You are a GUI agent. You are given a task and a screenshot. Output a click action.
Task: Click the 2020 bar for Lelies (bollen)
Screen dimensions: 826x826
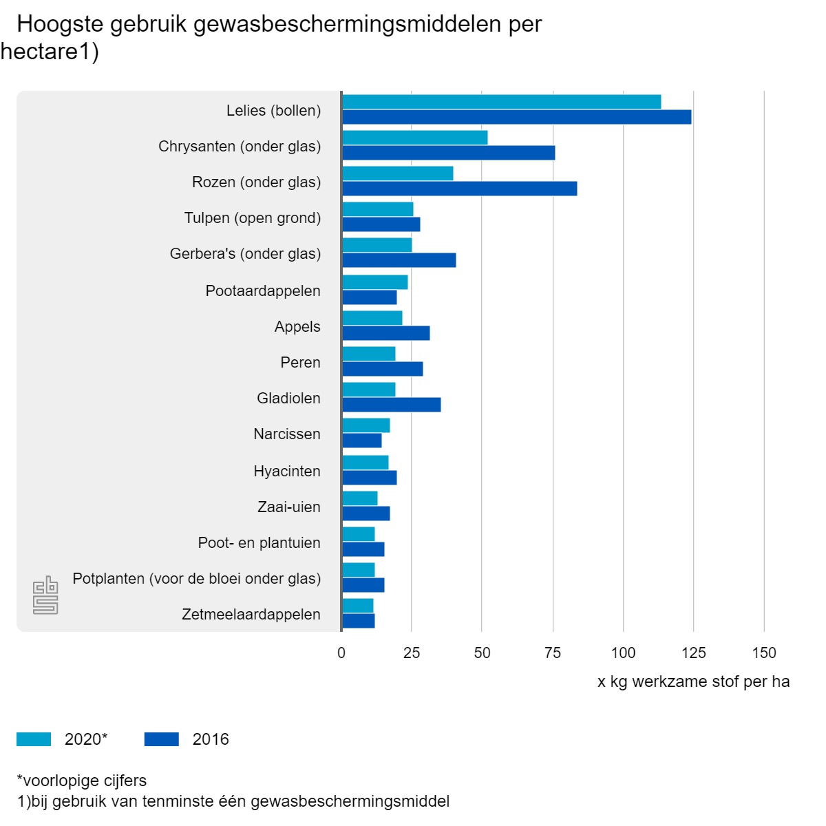click(x=501, y=102)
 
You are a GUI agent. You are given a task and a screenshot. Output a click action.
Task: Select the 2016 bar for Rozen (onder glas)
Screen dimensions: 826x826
click(x=459, y=189)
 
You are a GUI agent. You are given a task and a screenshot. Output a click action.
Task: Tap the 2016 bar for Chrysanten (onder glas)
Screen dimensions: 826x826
click(x=448, y=153)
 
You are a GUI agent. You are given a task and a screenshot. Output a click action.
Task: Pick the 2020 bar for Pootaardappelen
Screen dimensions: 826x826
click(x=375, y=282)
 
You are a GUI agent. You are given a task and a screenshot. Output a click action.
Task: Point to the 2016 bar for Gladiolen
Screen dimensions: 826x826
click(x=391, y=405)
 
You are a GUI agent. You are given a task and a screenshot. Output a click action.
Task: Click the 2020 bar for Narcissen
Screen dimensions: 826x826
click(x=366, y=425)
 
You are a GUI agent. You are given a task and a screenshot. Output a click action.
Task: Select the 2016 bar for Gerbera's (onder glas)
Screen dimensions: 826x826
click(x=399, y=260)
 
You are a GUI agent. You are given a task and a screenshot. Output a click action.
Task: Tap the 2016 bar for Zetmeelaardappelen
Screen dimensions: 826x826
click(x=359, y=621)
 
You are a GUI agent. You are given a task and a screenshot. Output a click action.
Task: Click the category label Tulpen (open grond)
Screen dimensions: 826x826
click(x=253, y=218)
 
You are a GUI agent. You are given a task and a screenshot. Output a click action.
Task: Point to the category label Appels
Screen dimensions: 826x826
click(x=297, y=327)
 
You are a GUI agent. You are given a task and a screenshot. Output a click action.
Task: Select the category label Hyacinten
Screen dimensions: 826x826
click(x=287, y=472)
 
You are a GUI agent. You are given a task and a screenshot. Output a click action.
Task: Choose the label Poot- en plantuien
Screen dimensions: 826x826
click(x=259, y=543)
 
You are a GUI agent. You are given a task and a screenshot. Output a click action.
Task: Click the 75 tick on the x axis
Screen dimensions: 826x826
click(x=553, y=653)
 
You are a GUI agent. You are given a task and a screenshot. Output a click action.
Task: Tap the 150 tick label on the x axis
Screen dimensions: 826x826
click(x=764, y=653)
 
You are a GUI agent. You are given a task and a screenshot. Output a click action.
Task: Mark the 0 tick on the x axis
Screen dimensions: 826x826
click(x=341, y=653)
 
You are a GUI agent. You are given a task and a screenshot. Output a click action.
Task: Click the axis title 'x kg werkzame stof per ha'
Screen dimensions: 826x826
click(x=693, y=682)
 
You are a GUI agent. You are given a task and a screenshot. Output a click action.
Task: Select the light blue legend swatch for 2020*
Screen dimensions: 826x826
click(x=34, y=739)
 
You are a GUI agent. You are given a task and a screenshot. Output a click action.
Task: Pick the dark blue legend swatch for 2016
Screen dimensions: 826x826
click(x=162, y=739)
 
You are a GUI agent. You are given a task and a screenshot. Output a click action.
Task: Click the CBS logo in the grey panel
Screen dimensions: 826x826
click(x=45, y=595)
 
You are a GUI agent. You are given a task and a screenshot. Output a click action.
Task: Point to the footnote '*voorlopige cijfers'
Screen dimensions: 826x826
click(x=82, y=781)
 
